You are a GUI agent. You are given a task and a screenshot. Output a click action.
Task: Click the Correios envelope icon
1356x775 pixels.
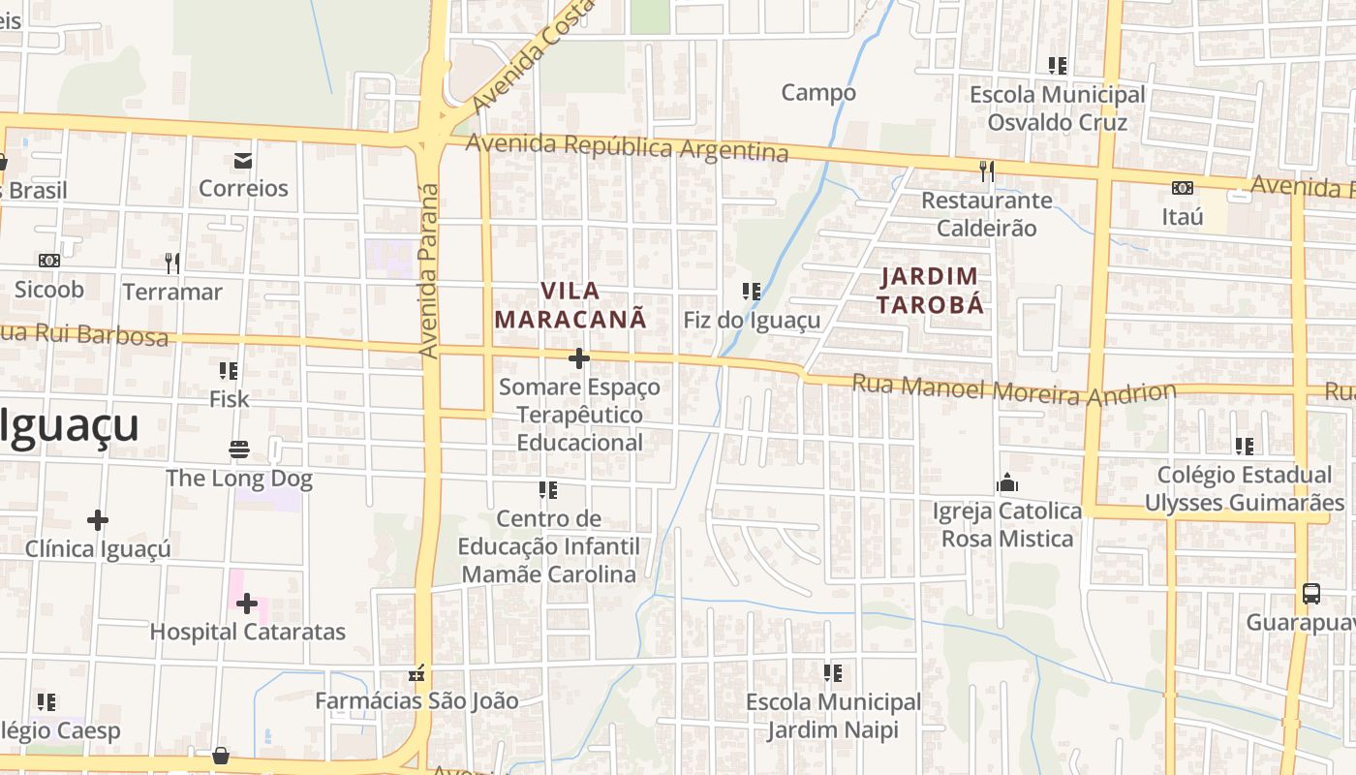[x=242, y=160]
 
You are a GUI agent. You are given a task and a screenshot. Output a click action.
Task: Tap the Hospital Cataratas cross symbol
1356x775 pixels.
[x=247, y=604]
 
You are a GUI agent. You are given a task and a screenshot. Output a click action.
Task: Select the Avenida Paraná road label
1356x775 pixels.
[x=429, y=272]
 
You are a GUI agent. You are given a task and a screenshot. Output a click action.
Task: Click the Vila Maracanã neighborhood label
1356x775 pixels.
[x=570, y=304]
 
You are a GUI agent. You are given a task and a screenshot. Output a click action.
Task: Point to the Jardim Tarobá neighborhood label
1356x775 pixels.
[x=931, y=291]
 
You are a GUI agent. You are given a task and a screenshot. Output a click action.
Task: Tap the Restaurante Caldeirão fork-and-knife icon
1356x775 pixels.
[x=986, y=171]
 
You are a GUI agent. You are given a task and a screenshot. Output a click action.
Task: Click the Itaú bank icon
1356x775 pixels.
[x=1182, y=188]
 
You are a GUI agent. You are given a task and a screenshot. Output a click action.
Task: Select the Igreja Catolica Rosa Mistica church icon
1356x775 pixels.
[x=1007, y=482]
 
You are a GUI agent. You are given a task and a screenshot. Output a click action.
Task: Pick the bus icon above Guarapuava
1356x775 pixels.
[x=1310, y=594]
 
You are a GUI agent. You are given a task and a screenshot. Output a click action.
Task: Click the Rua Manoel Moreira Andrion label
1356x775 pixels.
[x=1013, y=390]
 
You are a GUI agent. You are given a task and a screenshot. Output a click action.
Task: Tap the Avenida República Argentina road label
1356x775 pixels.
[x=627, y=148]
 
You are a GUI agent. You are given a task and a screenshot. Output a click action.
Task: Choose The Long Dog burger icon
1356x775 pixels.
[x=239, y=449]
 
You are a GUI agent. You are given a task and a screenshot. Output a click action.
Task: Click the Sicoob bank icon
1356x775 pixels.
[x=49, y=261]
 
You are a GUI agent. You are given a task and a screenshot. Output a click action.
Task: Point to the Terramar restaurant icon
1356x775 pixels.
[x=172, y=263]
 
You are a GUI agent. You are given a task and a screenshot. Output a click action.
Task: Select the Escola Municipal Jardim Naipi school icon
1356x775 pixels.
[x=833, y=672]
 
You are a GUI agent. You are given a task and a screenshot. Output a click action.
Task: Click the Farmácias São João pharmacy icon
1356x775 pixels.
[x=417, y=672]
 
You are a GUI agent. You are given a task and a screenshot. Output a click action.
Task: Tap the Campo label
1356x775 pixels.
[x=818, y=93]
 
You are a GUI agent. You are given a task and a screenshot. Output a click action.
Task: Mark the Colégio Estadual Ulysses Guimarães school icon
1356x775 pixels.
[x=1244, y=447]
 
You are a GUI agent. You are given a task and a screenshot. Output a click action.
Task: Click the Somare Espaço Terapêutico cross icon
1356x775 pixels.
[x=579, y=358]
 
